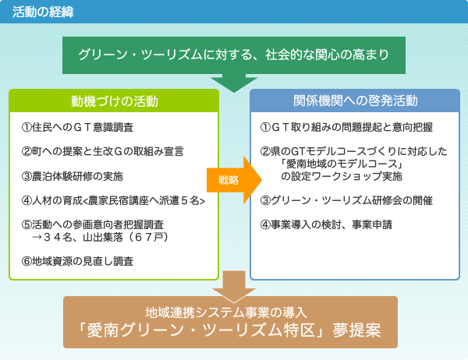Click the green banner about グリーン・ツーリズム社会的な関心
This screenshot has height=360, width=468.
[x=233, y=55]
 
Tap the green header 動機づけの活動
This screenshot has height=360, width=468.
[x=114, y=101]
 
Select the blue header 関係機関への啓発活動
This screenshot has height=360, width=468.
[x=355, y=101]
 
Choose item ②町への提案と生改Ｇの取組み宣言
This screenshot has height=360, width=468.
[x=101, y=151]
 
